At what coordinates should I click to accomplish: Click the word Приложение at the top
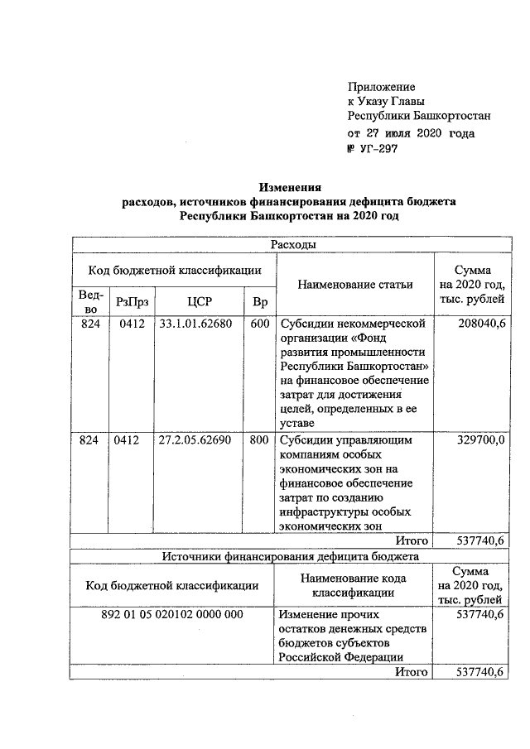[382, 86]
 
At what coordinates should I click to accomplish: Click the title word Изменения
[289, 187]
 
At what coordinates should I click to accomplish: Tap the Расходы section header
[289, 245]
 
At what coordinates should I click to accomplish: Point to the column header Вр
[259, 301]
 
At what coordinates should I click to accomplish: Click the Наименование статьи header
[354, 285]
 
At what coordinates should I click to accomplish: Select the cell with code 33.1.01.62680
[190, 324]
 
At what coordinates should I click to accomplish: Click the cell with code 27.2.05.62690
[190, 440]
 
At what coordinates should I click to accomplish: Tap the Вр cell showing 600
[259, 324]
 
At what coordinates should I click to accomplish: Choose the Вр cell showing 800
[259, 440]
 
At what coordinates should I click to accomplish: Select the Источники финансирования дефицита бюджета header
[291, 556]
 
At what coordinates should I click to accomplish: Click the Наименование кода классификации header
[354, 584]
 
